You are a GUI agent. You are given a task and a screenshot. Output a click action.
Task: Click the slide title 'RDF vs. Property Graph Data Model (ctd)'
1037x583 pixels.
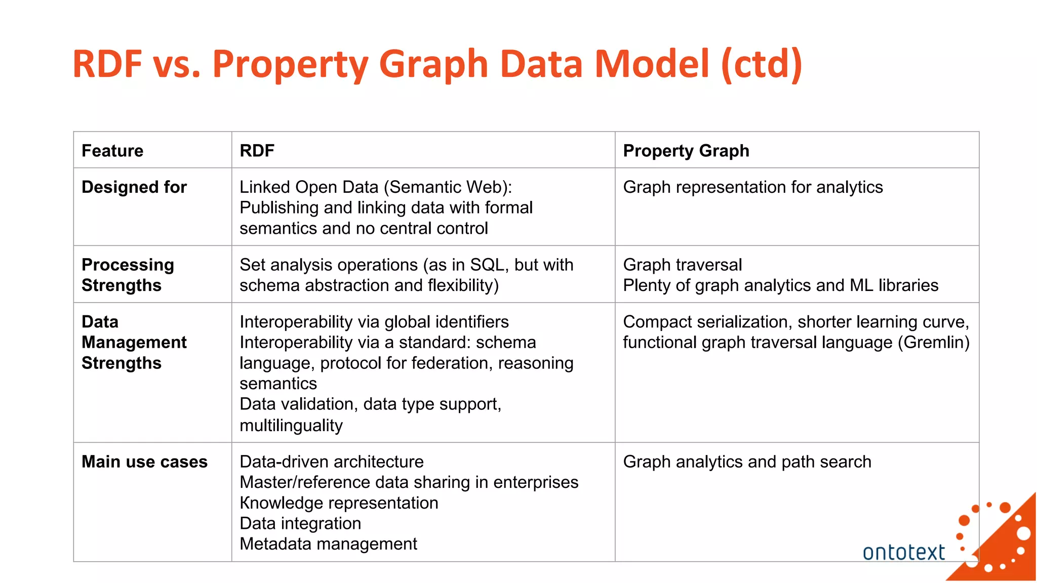pos(437,64)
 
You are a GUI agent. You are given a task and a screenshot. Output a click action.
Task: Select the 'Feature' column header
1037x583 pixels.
pos(112,151)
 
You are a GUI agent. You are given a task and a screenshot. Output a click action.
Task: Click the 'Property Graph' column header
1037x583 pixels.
pos(686,151)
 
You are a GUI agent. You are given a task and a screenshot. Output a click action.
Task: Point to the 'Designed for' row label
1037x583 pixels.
pos(134,187)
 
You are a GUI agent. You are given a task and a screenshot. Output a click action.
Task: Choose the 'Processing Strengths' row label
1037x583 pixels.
pos(128,275)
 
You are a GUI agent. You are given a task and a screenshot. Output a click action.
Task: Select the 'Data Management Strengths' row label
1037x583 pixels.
pos(134,342)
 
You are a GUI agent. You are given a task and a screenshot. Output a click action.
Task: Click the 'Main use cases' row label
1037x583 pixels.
pos(144,462)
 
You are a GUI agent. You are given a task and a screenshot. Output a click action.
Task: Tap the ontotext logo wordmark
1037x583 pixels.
pos(903,552)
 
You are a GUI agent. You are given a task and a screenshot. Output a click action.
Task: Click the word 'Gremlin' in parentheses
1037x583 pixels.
pos(933,343)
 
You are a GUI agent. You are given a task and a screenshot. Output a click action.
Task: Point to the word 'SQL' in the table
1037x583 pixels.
pos(487,265)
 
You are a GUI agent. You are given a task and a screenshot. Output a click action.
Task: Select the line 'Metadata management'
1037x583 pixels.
pos(328,544)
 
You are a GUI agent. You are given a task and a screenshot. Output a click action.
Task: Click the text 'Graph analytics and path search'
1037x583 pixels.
pos(747,462)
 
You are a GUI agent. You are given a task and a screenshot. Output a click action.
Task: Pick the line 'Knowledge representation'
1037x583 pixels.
pos(339,503)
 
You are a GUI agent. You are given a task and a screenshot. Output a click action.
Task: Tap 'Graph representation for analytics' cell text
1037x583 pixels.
pos(752,187)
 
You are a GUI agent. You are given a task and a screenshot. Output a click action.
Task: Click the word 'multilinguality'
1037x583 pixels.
pos(291,425)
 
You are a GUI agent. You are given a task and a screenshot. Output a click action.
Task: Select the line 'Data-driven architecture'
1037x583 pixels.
pos(332,462)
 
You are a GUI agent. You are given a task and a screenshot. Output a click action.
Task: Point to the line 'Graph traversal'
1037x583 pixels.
pos(682,265)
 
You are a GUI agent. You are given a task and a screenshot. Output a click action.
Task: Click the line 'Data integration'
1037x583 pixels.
pos(300,523)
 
